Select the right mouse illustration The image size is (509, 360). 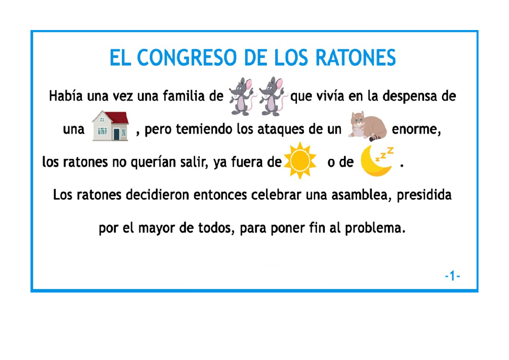pos(271,96)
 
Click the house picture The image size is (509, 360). pos(111,126)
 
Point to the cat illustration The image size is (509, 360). pos(367,126)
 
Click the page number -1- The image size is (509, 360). pos(453,277)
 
